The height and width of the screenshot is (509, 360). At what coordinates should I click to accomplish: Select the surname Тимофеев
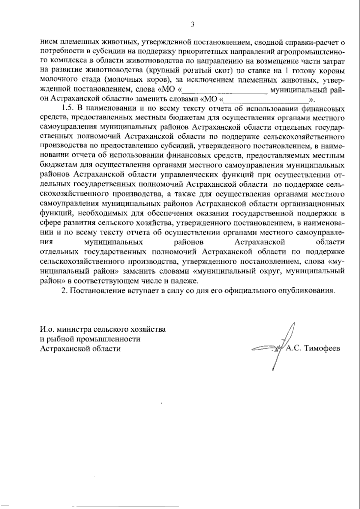point(322,348)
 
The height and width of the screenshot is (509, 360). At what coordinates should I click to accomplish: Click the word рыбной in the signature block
point(60,339)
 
